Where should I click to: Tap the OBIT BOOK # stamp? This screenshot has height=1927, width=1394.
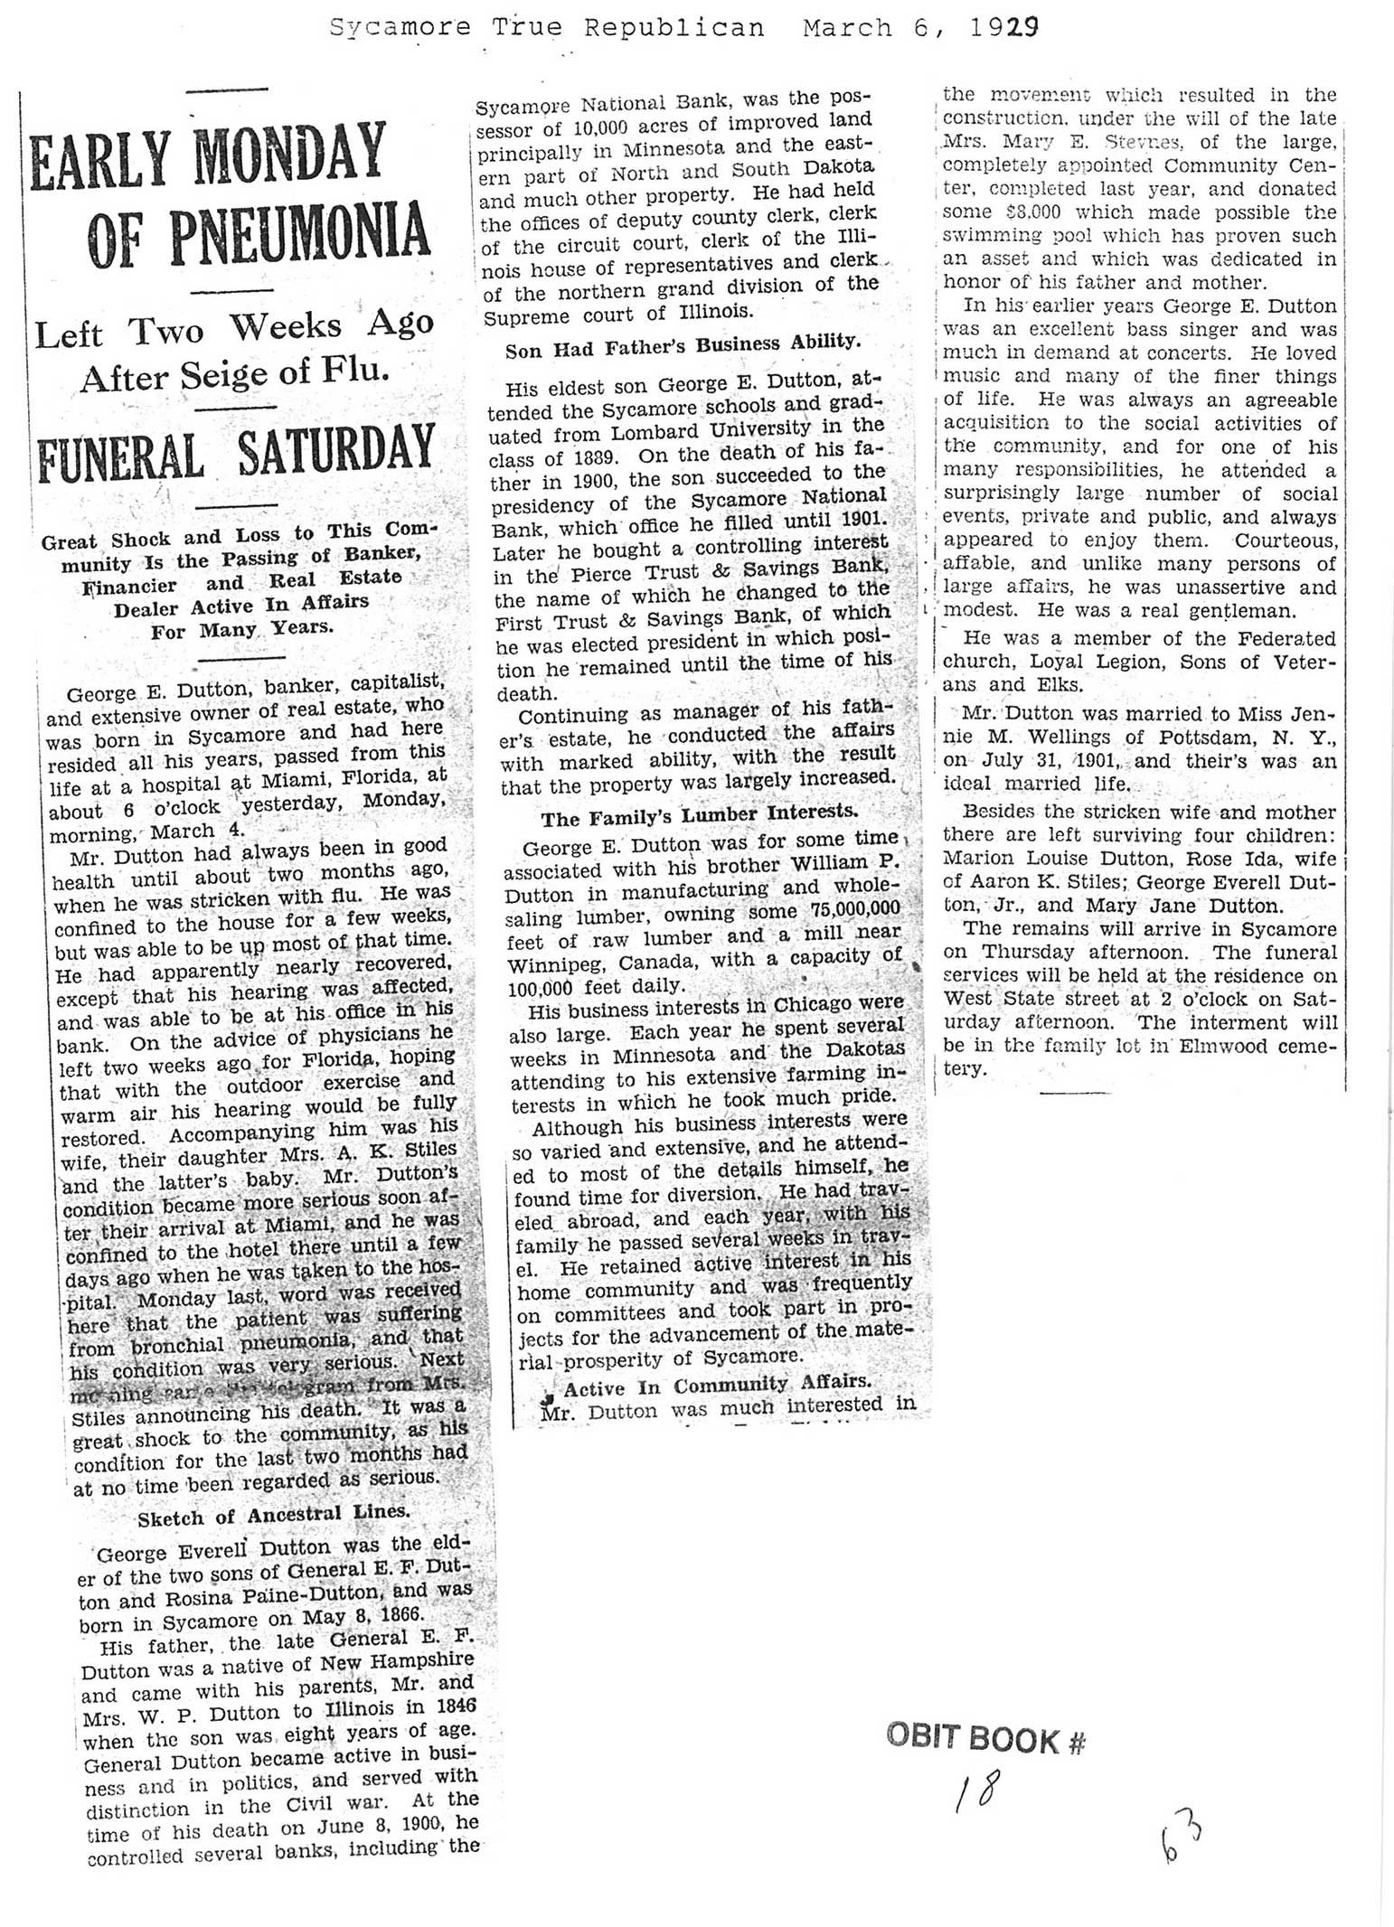pos(985,1739)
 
